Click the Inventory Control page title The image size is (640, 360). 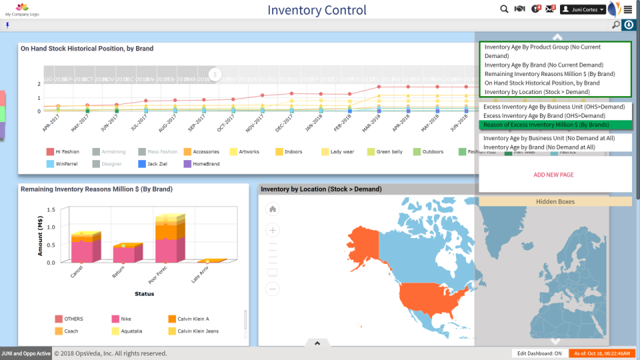[317, 10]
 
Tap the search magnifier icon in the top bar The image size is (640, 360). [505, 9]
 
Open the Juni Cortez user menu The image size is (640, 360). [582, 9]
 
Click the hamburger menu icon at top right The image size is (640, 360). [627, 9]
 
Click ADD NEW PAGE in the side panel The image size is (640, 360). [553, 175]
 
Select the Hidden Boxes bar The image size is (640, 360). [555, 201]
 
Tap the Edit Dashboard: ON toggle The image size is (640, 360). [539, 353]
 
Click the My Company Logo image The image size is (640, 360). [22, 9]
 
